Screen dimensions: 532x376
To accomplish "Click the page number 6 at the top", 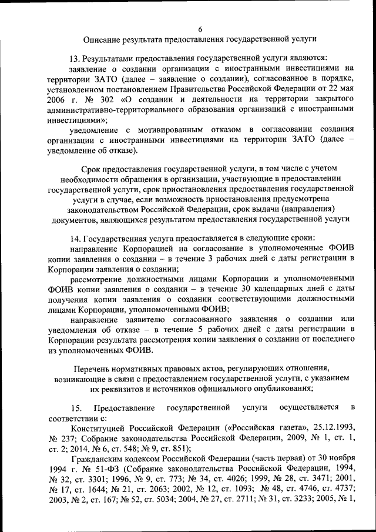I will tap(200, 29).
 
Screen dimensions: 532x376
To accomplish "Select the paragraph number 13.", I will tap(75, 59).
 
